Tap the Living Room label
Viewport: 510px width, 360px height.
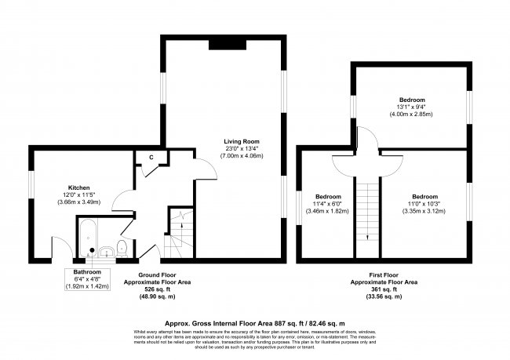(241, 140)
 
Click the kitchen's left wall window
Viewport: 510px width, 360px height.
(31, 192)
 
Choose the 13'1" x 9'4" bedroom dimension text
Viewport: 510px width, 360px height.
(411, 107)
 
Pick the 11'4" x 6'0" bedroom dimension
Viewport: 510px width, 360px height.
(329, 204)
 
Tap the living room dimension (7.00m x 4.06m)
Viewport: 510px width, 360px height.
(241, 156)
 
